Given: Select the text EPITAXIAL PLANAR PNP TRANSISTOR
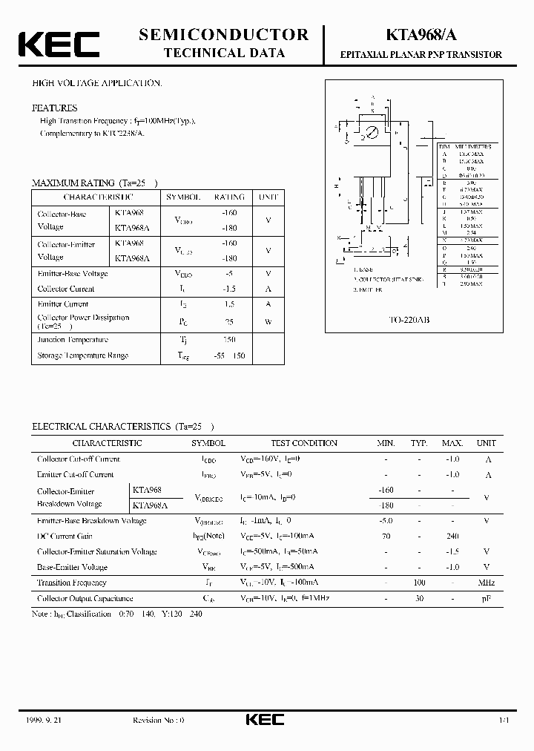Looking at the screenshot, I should click(x=421, y=55).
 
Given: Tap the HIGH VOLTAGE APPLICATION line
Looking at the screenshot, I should click(x=96, y=84).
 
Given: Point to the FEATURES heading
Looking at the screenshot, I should click(x=54, y=108).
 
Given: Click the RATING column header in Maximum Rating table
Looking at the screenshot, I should click(x=229, y=197).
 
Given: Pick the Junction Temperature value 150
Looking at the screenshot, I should click(x=229, y=340).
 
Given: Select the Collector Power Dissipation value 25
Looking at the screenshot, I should click(x=229, y=321).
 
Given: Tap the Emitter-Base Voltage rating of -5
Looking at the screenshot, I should click(x=229, y=274).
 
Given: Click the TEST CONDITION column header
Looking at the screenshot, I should click(x=304, y=443).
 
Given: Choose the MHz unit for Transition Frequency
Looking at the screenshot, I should click(x=486, y=583).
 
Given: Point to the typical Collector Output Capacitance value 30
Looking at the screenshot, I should click(x=419, y=598).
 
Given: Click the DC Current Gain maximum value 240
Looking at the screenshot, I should click(x=452, y=536).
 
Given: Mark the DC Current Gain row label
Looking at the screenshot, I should click(x=65, y=536).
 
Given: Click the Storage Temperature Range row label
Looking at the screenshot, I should click(x=82, y=355).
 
